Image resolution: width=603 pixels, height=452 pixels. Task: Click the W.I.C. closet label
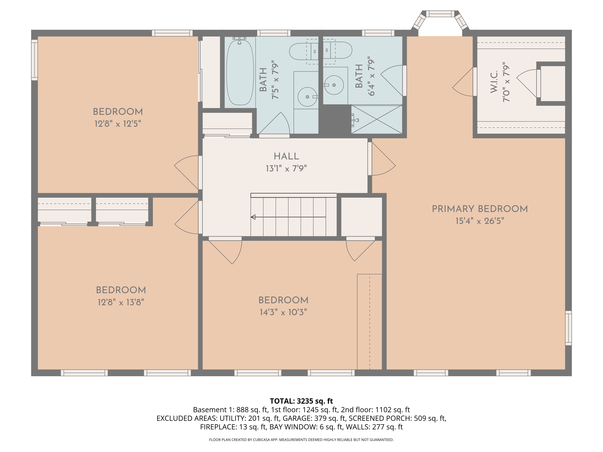(494, 82)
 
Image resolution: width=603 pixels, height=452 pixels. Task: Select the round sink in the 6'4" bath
(334, 85)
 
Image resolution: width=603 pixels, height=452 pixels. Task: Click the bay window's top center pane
(440, 14)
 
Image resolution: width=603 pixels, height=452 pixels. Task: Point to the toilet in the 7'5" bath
(303, 51)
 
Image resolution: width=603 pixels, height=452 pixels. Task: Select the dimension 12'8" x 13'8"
(121, 302)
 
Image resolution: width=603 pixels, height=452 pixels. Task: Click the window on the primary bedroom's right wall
(568, 328)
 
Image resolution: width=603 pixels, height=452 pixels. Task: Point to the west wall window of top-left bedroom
(34, 60)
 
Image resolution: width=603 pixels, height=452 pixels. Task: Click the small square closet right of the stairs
(361, 217)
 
